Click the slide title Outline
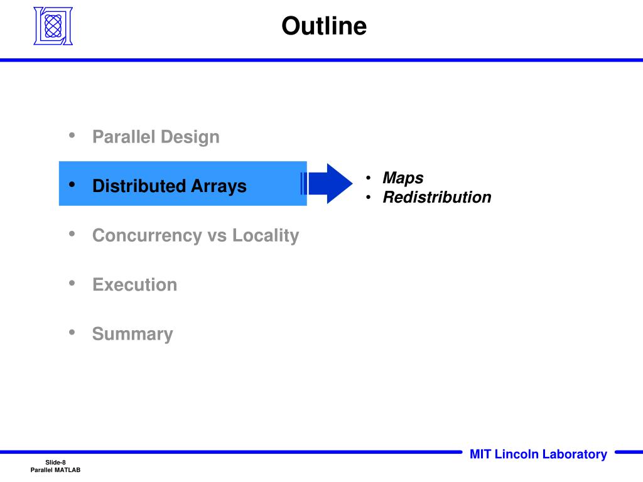pyautogui.click(x=323, y=26)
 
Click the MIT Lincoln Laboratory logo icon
pyautogui.click(x=53, y=26)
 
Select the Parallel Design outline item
pyautogui.click(x=156, y=137)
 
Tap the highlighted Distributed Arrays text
pyautogui.click(x=169, y=186)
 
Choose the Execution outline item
pyautogui.click(x=134, y=284)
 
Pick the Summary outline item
pyautogui.click(x=132, y=334)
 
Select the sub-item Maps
pyautogui.click(x=403, y=178)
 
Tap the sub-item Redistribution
pyautogui.click(x=437, y=197)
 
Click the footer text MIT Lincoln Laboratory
pyautogui.click(x=538, y=454)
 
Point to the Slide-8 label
pyautogui.click(x=55, y=463)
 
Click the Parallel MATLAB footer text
pyautogui.click(x=55, y=471)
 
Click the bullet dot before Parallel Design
pyautogui.click(x=72, y=135)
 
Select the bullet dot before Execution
pyautogui.click(x=72, y=283)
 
